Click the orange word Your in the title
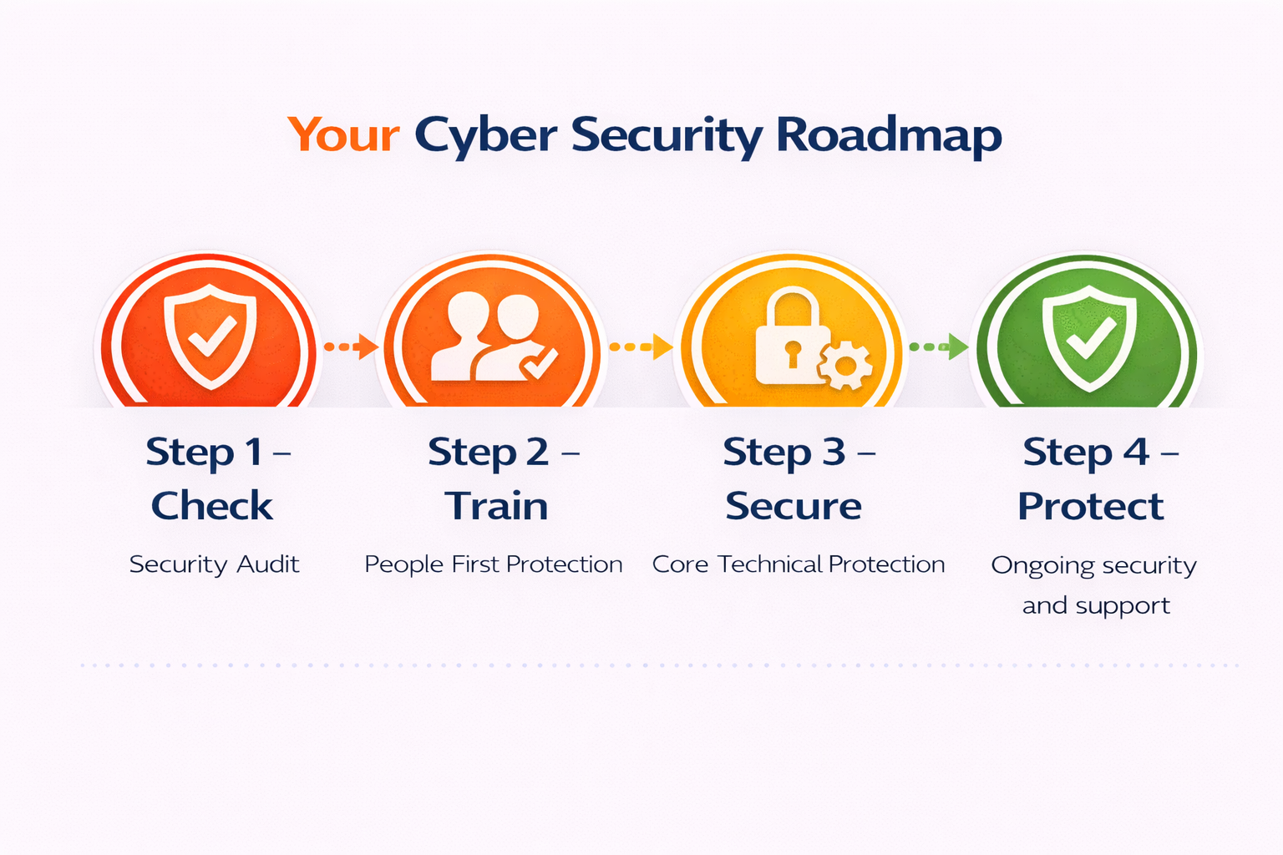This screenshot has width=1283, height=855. coord(343,135)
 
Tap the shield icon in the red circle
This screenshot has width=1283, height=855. coord(210,336)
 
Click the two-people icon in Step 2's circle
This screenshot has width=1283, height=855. coord(484,336)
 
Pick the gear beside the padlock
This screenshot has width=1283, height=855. coord(845,365)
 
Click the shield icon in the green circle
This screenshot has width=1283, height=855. coord(1088,336)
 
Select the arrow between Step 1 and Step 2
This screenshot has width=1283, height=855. coord(351,347)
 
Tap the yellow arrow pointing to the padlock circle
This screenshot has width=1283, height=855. coord(641,347)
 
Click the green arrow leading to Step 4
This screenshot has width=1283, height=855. coord(939,347)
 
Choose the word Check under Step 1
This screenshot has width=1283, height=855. coord(212,506)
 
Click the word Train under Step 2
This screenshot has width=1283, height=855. coord(496,506)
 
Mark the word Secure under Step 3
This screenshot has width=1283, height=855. coord(794,506)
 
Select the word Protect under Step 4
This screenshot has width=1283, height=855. coord(1090,506)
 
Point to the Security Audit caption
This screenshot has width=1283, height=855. coord(214,564)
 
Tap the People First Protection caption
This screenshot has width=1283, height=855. coord(494,564)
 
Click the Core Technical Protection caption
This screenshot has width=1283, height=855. coord(799,564)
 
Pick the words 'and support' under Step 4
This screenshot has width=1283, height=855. coord(1096,605)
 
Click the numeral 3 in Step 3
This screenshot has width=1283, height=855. coord(834,453)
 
